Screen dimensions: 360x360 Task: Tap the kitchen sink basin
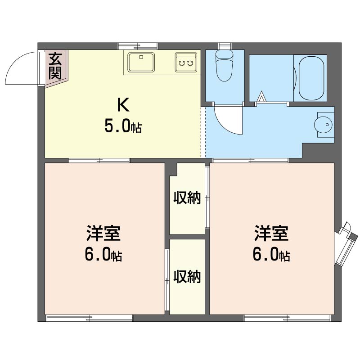[141, 62]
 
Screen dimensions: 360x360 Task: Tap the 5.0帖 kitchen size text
[123, 127]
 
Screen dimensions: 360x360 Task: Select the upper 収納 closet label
[187, 198]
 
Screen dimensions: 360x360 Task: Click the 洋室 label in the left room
[103, 234]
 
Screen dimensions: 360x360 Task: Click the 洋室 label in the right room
[271, 234]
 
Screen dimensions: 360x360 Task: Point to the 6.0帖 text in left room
[103, 256]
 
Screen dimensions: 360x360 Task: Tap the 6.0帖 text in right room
[271, 256]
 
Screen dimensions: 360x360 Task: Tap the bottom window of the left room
[90, 318]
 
